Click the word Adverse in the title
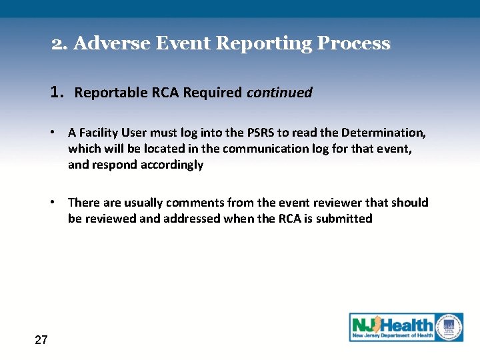(x=111, y=44)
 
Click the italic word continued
(x=279, y=93)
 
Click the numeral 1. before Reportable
(x=58, y=92)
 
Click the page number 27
(x=41, y=340)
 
